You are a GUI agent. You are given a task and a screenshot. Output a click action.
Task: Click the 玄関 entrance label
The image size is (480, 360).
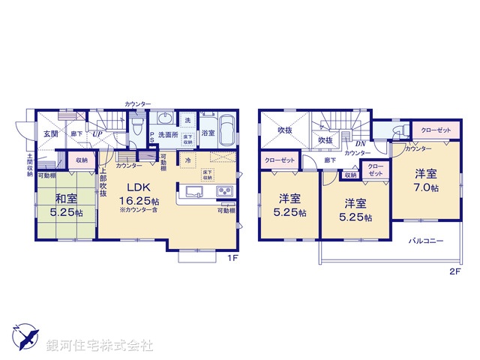point(50,133)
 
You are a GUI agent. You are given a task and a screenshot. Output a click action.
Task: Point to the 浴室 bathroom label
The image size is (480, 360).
point(207,133)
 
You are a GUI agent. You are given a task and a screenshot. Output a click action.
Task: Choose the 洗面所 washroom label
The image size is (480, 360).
point(167,136)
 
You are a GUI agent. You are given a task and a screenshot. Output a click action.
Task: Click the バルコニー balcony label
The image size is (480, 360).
point(426,241)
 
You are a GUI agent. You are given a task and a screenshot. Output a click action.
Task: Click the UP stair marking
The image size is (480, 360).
point(97,134)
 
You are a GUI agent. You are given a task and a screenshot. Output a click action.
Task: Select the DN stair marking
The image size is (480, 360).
point(360,143)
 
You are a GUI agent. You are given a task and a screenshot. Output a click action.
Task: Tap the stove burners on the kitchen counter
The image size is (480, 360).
point(226,191)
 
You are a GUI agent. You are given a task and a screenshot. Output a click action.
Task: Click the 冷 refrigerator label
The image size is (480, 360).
point(184,159)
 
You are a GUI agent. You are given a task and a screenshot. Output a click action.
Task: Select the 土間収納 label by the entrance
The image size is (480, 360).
point(29,165)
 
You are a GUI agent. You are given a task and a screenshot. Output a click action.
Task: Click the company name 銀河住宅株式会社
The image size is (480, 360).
point(100,346)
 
